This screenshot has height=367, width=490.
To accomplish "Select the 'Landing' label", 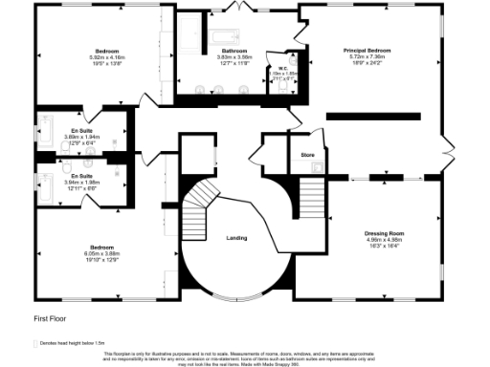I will point(236,237).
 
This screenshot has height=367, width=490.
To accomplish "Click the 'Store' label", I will point(307,154).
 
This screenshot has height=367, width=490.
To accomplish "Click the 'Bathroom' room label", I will point(234,51).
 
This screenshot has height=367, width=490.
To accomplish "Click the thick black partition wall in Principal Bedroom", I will point(373,116).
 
